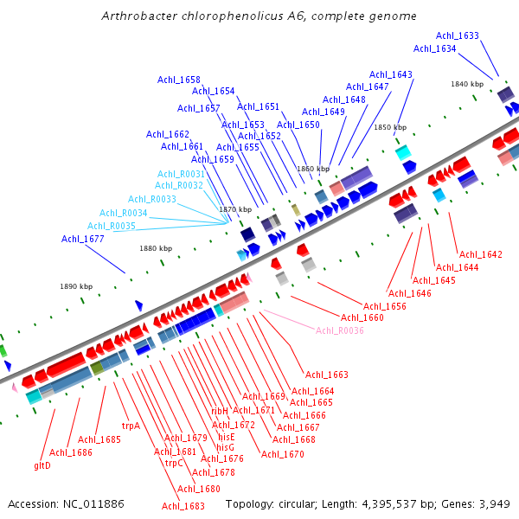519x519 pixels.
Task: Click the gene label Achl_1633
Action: click(457, 36)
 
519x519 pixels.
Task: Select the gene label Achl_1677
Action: click(83, 239)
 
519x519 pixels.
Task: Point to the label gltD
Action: click(42, 465)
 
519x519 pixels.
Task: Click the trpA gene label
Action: click(131, 426)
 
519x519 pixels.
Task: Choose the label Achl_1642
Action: click(480, 254)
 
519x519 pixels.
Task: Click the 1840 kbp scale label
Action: click(466, 84)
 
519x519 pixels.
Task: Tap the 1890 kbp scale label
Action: click(76, 286)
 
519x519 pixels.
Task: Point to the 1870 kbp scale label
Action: click(235, 209)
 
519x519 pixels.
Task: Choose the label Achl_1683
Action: click(183, 506)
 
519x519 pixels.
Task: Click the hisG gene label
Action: click(225, 447)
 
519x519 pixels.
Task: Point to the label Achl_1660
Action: click(362, 317)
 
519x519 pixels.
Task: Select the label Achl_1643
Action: click(391, 74)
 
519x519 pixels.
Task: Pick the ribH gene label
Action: click(220, 412)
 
